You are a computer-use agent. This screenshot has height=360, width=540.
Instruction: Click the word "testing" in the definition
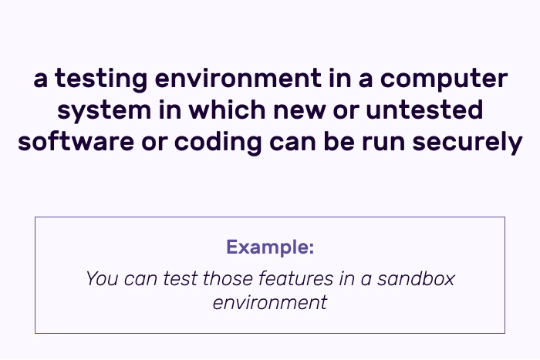tap(101, 79)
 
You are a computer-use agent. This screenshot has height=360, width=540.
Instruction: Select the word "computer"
tap(444, 79)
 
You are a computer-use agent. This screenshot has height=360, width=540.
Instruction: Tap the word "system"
tap(104, 111)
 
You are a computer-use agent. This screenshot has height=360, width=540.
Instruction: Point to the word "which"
tap(227, 109)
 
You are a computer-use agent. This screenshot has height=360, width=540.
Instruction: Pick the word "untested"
tap(424, 109)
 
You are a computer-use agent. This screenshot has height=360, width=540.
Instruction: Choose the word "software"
tap(76, 141)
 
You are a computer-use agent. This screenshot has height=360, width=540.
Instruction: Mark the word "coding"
tap(218, 143)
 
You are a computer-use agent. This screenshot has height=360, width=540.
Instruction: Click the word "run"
tap(383, 143)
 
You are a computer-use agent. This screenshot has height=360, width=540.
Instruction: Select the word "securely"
tap(467, 143)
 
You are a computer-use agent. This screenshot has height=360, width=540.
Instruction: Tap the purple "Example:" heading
tap(270, 247)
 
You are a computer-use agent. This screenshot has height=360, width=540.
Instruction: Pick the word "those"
tap(228, 278)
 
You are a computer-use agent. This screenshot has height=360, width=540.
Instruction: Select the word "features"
tap(295, 278)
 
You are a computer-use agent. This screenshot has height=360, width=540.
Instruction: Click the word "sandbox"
tap(416, 278)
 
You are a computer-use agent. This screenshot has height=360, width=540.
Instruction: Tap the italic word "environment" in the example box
tap(270, 303)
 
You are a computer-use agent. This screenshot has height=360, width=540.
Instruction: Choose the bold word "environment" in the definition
tap(238, 79)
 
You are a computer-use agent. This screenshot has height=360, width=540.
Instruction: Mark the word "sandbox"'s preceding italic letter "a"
tap(366, 281)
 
